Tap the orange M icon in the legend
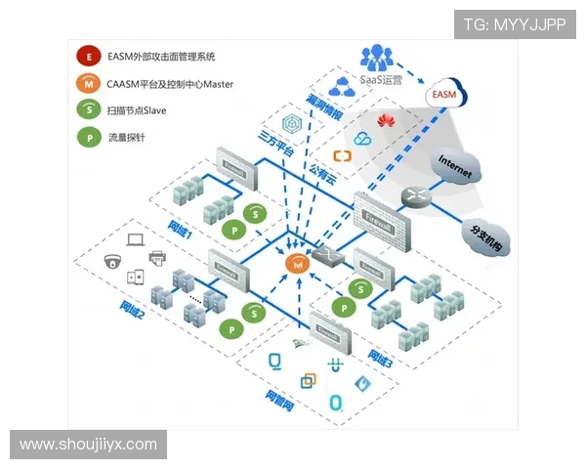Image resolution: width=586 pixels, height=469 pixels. tap(89, 85)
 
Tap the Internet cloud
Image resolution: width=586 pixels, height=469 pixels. tap(455, 166)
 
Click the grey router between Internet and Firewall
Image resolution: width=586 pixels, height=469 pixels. tap(415, 196)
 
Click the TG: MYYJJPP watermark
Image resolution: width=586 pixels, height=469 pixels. tap(515, 24)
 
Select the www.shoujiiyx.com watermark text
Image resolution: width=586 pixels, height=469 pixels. tap(89, 445)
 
